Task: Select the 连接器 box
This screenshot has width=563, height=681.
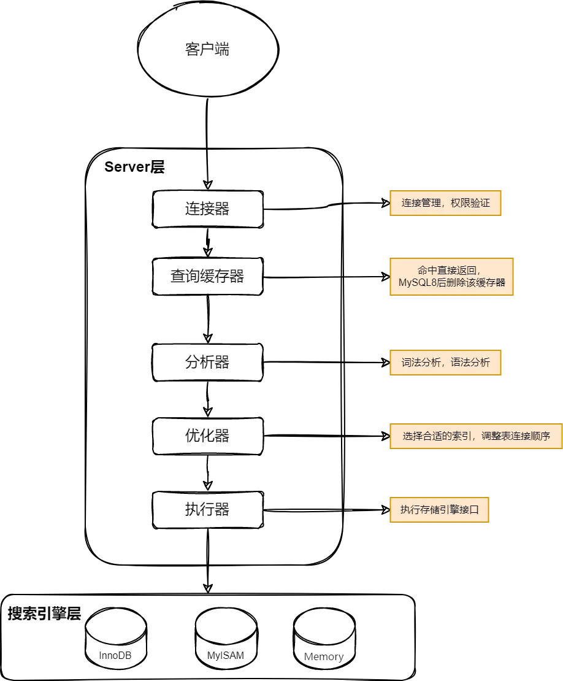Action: (207, 209)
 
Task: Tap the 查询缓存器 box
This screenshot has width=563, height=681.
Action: (207, 276)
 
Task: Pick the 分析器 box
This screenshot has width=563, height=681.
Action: (207, 362)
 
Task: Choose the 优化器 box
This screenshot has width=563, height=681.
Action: (207, 436)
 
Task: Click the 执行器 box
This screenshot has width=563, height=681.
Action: (207, 509)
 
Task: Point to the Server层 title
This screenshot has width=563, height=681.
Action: (134, 167)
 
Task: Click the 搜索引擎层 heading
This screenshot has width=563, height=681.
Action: (44, 614)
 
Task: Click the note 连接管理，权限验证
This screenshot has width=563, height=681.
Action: (445, 203)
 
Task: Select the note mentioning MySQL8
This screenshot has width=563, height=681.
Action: (451, 276)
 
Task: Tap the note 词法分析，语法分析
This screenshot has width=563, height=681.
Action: (445, 362)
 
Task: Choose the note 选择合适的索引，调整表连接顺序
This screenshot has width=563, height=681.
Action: (475, 436)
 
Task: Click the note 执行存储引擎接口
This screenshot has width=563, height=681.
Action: (439, 509)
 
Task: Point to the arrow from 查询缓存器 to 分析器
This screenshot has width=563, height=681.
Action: (208, 319)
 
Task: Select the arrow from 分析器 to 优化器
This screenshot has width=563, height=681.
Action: (208, 399)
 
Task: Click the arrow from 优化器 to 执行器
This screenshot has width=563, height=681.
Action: (208, 472)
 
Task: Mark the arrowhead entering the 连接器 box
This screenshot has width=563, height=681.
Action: (208, 184)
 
